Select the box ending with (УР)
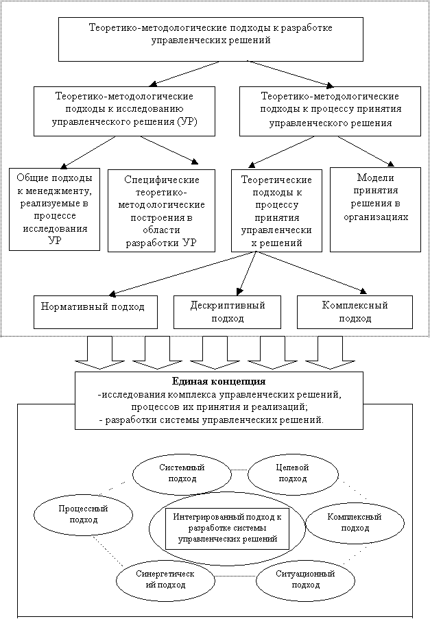[x=123, y=110]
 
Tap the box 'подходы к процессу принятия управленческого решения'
[x=330, y=110]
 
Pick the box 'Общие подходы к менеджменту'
[x=54, y=209]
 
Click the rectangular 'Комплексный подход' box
[x=355, y=311]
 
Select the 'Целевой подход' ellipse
[x=293, y=472]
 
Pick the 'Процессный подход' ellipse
[x=84, y=514]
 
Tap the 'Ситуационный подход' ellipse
[x=304, y=579]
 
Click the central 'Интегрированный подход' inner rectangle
[x=227, y=528]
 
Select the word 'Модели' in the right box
[x=375, y=176]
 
